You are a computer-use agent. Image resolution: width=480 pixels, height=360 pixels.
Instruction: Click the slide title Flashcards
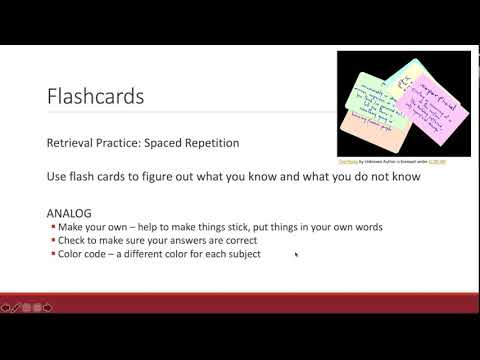pos(95,97)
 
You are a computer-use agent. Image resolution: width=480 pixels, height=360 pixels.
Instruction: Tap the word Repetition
pos(215,143)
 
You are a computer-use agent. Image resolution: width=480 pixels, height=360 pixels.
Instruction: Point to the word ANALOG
pos(69,214)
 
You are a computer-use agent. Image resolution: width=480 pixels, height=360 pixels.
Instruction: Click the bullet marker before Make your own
pos(53,227)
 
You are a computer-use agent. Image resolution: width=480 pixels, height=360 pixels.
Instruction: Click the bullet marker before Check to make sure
pos(53,241)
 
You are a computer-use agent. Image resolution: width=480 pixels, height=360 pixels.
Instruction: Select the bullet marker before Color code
pos(53,254)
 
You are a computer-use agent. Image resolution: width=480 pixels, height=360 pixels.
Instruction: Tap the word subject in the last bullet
pos(241,254)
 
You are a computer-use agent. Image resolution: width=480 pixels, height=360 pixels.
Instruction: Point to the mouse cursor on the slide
pos(296,254)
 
